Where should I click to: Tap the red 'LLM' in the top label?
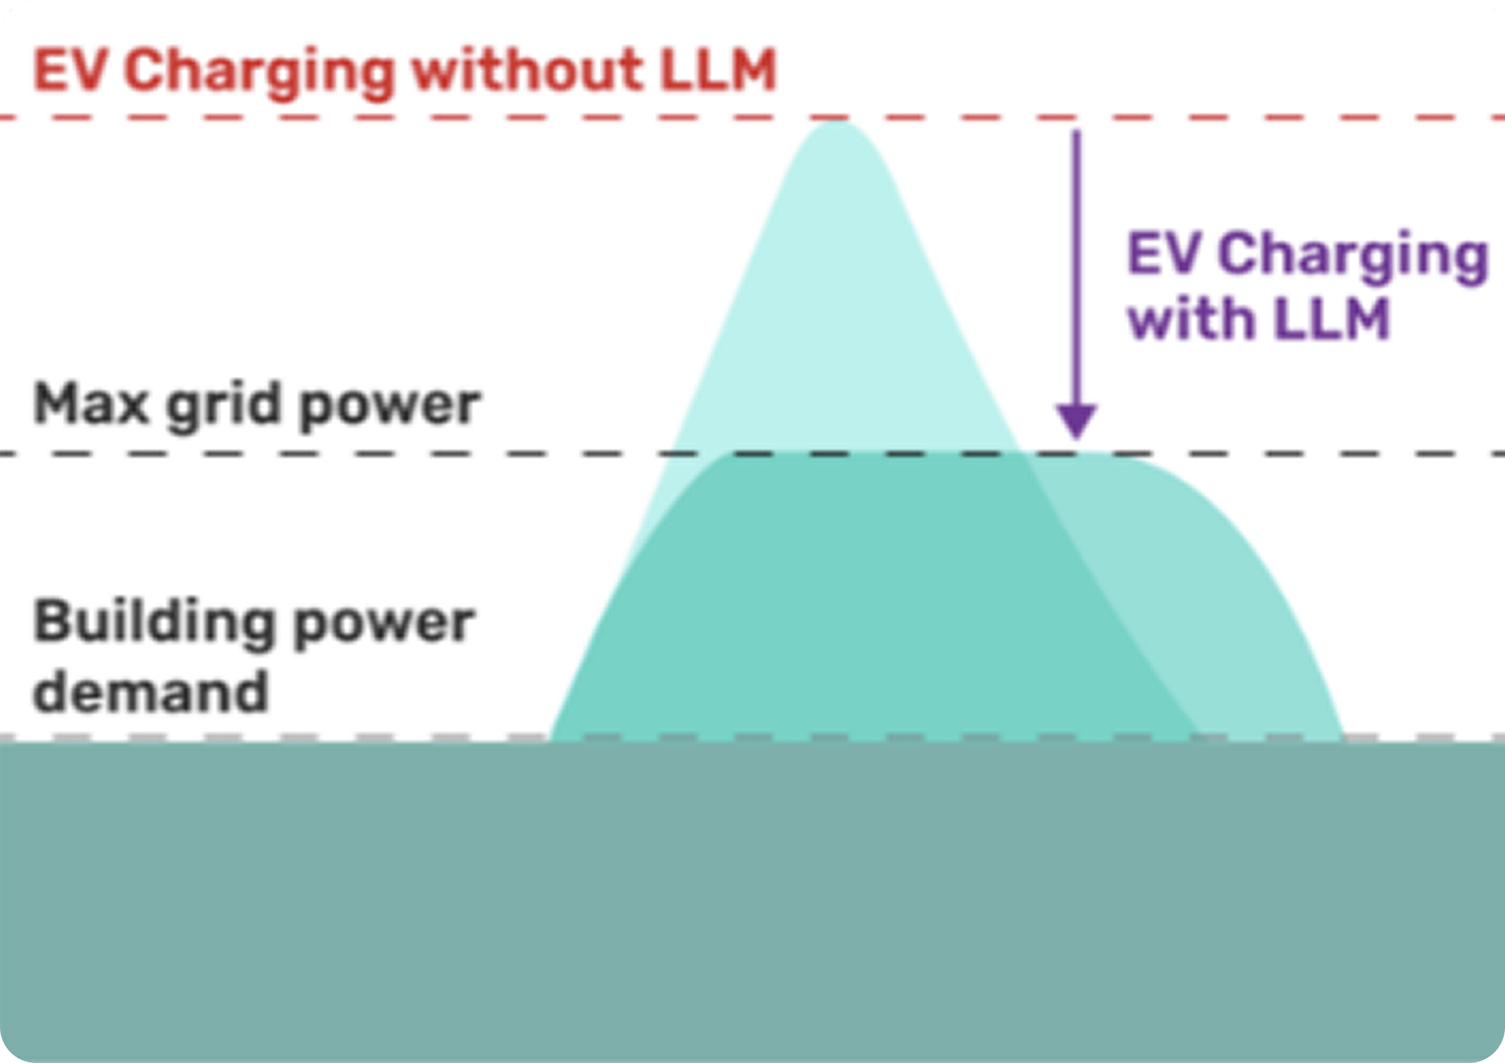pos(718,71)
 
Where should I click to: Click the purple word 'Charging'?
pos(1353,256)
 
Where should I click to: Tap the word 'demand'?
pos(151,691)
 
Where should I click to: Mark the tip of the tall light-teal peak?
pos(834,124)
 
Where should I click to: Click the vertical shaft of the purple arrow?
pos(1076,262)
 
